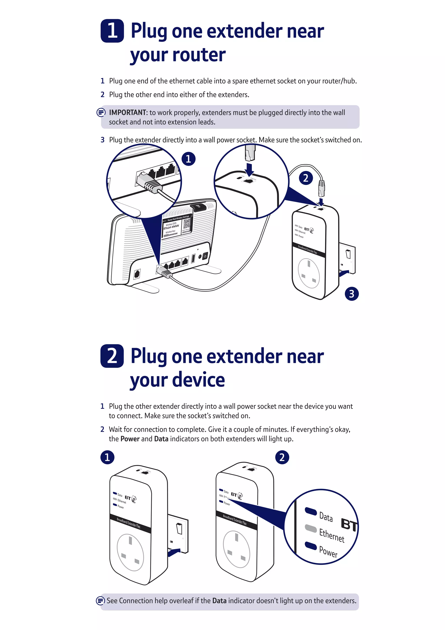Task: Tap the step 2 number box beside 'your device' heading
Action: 112,356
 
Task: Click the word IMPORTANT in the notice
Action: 128,112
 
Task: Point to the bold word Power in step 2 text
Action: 130,439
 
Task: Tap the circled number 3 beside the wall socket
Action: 352,294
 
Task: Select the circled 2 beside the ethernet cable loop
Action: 306,178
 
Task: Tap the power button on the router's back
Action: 205,256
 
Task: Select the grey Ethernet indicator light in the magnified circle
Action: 311,528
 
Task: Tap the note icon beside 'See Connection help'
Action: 100,601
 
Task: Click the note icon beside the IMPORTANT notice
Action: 101,112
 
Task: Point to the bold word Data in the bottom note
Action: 219,601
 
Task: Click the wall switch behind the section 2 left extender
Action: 179,528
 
